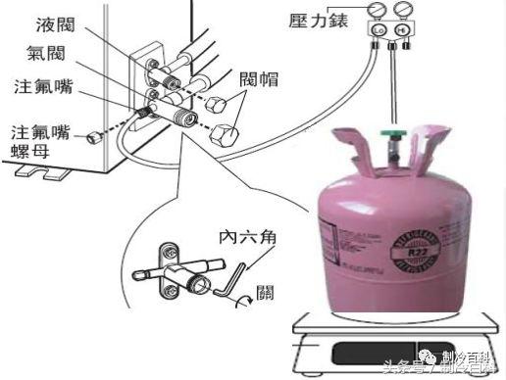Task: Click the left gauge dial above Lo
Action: (377, 12)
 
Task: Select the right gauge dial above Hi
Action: (401, 12)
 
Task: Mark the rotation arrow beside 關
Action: (242, 302)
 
